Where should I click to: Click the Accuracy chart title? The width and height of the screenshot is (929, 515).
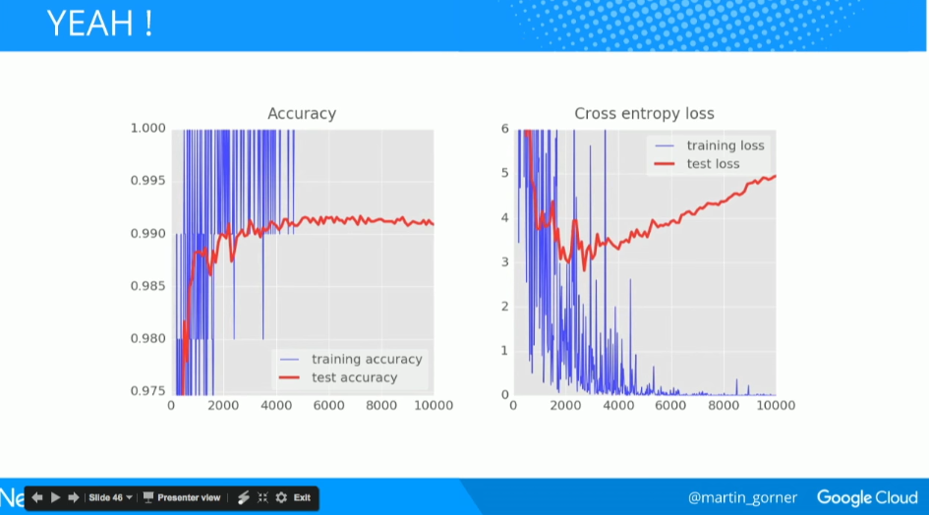[x=302, y=114]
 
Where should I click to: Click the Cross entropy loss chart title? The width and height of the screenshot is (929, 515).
[x=644, y=114]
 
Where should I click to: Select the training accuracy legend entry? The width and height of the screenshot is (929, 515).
[x=366, y=360]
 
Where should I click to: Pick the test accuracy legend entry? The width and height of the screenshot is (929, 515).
[x=354, y=377]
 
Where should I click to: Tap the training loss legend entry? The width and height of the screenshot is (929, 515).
[x=725, y=145]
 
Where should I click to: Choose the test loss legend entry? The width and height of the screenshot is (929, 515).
[x=713, y=163]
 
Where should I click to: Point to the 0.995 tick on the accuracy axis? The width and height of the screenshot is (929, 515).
[x=147, y=181]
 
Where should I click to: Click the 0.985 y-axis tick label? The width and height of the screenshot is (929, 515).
[x=147, y=286]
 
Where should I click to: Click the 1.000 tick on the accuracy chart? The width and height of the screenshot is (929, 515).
[x=147, y=128]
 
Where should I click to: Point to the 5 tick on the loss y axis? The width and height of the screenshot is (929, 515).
[x=504, y=173]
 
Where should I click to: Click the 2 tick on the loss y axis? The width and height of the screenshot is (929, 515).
[x=504, y=307]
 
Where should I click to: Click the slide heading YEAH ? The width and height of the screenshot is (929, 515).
[x=99, y=25]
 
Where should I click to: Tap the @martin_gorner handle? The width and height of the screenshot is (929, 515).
[x=742, y=497]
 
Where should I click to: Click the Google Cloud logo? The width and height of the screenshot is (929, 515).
[x=865, y=497]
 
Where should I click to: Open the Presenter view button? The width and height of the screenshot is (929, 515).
[x=183, y=497]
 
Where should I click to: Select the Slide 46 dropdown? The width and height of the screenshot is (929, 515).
[x=110, y=497]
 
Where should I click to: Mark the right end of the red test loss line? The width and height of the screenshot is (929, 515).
[x=775, y=177]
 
